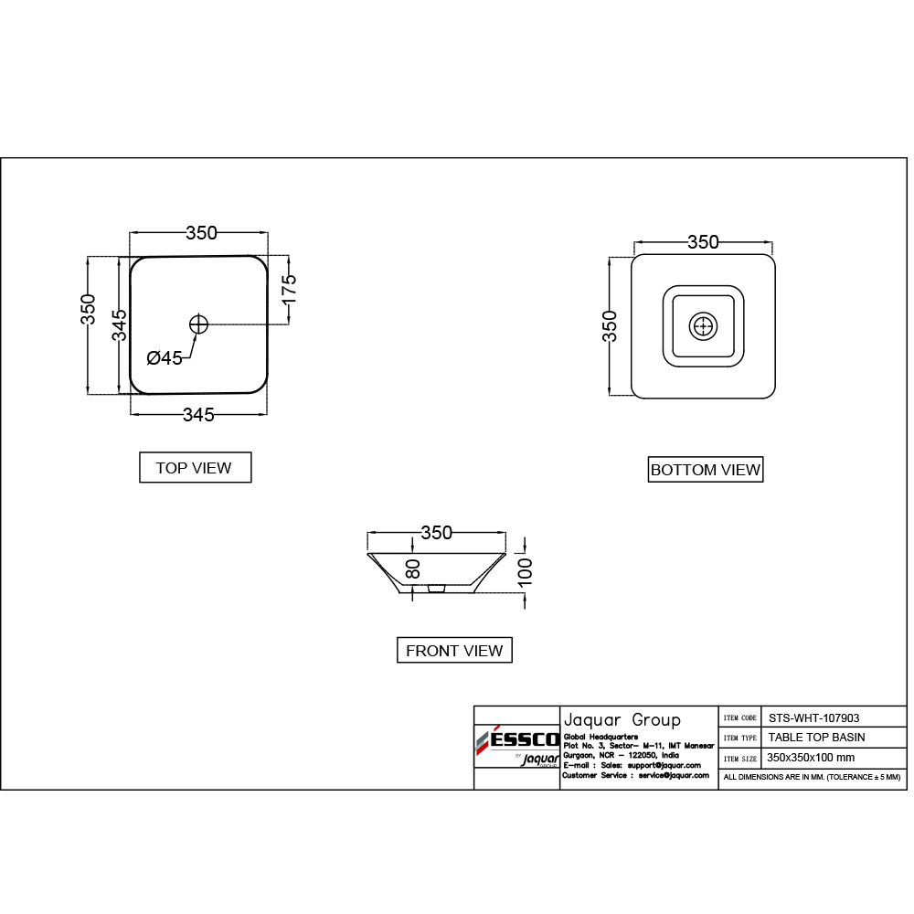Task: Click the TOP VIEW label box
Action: pyautogui.click(x=194, y=467)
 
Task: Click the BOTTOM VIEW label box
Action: pyautogui.click(x=705, y=470)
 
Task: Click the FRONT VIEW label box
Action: pyautogui.click(x=454, y=651)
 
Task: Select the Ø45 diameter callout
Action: pyautogui.click(x=165, y=358)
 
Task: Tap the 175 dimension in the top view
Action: pyautogui.click(x=288, y=292)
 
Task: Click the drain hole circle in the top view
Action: pyautogui.click(x=199, y=324)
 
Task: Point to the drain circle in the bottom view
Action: pyautogui.click(x=703, y=326)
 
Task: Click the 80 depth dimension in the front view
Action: pyautogui.click(x=413, y=569)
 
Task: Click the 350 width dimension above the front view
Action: pyautogui.click(x=436, y=533)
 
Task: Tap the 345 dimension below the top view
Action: pyautogui.click(x=198, y=415)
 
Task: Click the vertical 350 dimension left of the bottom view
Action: pyautogui.click(x=610, y=326)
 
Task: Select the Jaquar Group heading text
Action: pyautogui.click(x=621, y=718)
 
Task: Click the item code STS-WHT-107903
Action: pyautogui.click(x=813, y=718)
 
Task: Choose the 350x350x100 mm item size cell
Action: pyautogui.click(x=811, y=758)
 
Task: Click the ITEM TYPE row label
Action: pyautogui.click(x=739, y=738)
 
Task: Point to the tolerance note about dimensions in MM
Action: pyautogui.click(x=812, y=777)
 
